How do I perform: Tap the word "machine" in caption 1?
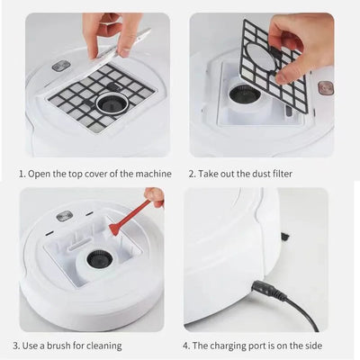point(146,174)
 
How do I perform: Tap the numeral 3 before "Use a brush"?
point(15,345)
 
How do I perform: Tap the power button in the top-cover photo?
point(61,66)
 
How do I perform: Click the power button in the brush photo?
point(63,216)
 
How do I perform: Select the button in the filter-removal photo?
point(325,87)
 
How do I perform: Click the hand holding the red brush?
point(156,196)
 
